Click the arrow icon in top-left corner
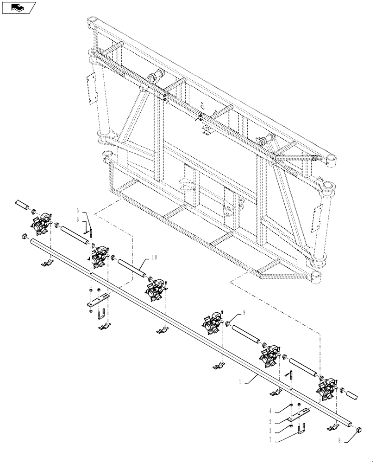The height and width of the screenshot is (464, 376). [x=18, y=7]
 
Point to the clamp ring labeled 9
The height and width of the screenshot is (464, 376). [x=228, y=323]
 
